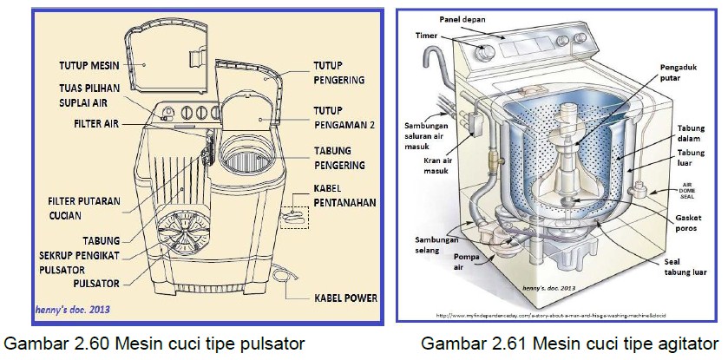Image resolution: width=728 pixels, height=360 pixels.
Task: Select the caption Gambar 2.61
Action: coord(569,344)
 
